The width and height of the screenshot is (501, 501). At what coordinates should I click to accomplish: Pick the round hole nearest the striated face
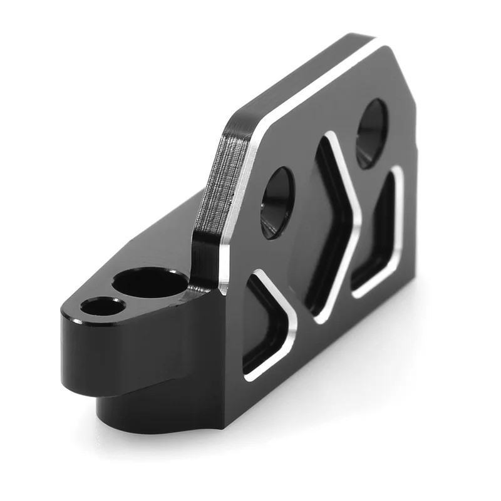point(277,202)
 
